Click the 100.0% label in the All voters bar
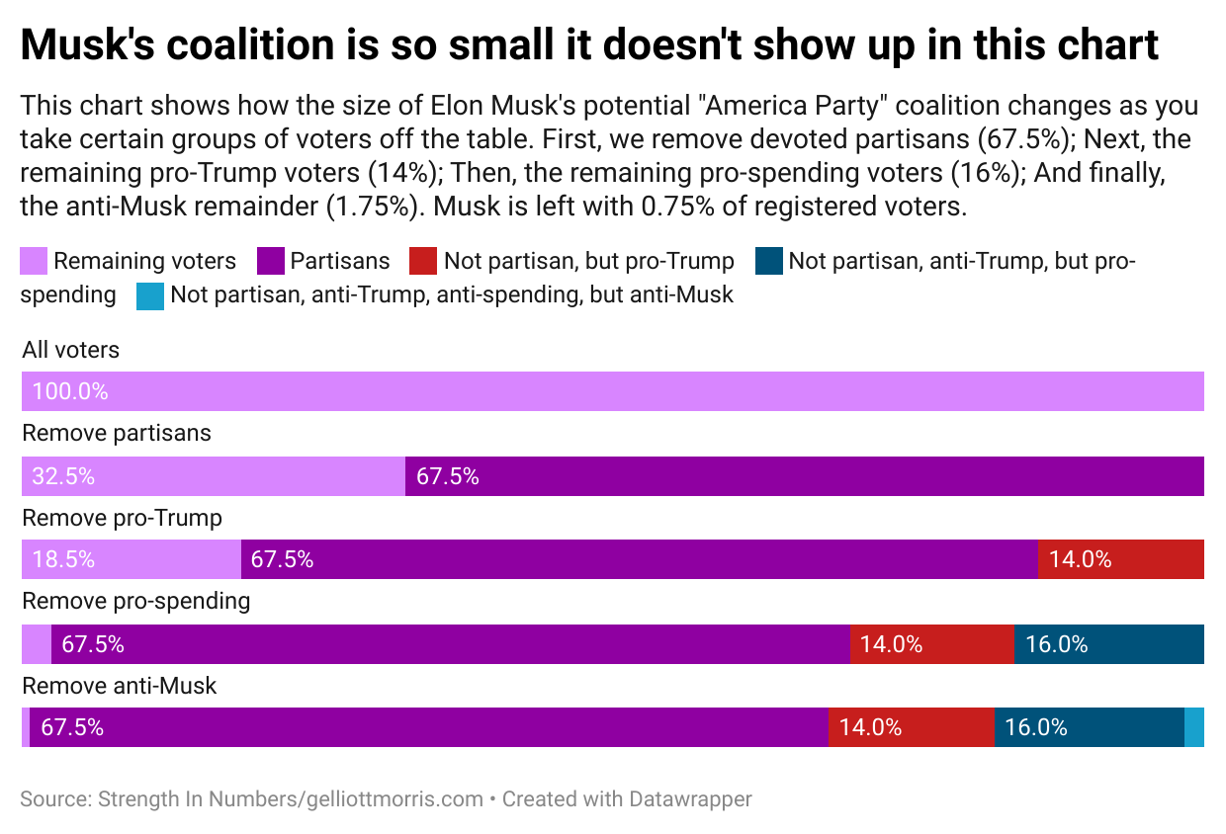pos(69,391)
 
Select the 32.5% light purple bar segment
pos(213,476)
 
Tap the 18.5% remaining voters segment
pos(131,559)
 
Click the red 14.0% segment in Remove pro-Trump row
pos(1120,559)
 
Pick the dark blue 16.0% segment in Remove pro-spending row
pos(1108,644)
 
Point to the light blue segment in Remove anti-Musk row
pos(1194,727)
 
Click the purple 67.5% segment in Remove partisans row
pos(804,476)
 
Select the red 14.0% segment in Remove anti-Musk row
pos(911,727)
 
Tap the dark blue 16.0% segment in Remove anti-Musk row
pos(1089,727)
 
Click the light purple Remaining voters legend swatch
pos(34,261)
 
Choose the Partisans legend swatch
pos(269,261)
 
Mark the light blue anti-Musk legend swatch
pos(150,294)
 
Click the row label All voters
pos(70,350)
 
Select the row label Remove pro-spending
pos(135,601)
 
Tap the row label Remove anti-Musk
pos(119,685)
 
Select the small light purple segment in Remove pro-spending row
pos(36,644)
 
